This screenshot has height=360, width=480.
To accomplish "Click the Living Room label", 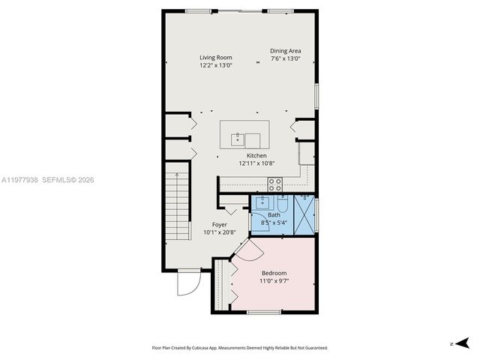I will [x=215, y=58].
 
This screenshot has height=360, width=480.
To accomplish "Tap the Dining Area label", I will [x=285, y=51].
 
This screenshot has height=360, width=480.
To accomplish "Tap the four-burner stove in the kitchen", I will [x=275, y=184].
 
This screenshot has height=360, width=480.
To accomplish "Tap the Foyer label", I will [x=219, y=225].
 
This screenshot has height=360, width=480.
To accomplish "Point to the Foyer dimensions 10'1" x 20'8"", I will [x=219, y=232].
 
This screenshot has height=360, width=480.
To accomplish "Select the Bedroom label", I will [x=274, y=273].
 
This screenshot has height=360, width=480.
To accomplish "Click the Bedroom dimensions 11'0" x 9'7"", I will [x=274, y=280].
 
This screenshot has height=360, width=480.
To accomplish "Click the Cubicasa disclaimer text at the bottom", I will [x=239, y=348].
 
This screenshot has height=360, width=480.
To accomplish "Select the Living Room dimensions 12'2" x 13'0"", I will [x=215, y=65].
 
